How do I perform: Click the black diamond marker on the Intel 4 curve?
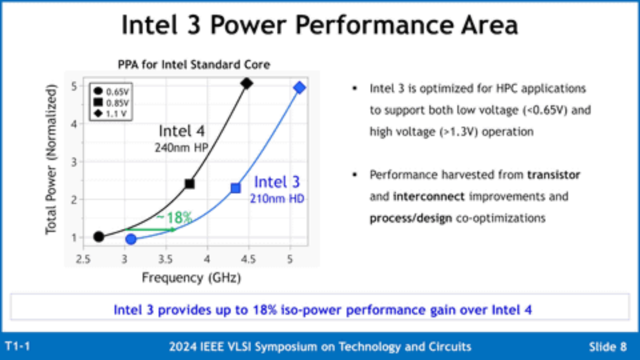(246, 83)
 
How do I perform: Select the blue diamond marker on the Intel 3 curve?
(299, 87)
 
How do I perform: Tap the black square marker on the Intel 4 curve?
(189, 183)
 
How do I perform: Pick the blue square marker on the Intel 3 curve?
(235, 188)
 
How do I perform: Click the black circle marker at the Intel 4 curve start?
(99, 237)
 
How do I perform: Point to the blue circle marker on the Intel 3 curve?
(131, 239)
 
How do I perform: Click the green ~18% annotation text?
(174, 217)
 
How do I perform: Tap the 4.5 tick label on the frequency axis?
(248, 259)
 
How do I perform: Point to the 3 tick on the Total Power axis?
(75, 161)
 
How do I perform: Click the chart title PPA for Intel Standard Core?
(193, 65)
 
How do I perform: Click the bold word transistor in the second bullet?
(553, 175)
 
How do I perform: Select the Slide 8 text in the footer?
(607, 347)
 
